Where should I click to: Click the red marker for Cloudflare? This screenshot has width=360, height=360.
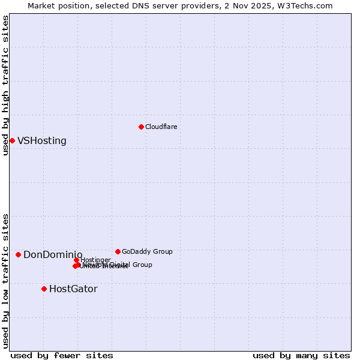[141, 127]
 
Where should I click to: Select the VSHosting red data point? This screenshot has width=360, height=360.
[12, 140]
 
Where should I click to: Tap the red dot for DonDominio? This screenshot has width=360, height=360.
[18, 255]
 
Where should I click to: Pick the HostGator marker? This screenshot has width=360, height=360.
[44, 289]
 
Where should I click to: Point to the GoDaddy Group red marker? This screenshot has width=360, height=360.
[118, 251]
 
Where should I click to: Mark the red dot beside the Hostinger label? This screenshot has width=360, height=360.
[77, 260]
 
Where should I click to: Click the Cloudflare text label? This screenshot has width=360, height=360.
[161, 127]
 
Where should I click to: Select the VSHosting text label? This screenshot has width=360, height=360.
[42, 141]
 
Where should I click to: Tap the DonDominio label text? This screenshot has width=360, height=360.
[53, 255]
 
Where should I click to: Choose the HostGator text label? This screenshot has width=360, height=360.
[73, 289]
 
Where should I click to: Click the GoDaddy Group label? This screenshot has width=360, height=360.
[147, 251]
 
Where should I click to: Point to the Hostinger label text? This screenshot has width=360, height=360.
[96, 260]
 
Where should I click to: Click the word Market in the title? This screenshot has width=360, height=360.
[41, 5]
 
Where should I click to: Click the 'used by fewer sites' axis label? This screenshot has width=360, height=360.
[62, 355]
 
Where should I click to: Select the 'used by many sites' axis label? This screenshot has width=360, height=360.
[301, 355]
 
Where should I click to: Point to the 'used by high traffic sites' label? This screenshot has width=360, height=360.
[5, 85]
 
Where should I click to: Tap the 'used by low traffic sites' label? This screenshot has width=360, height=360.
[5, 280]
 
